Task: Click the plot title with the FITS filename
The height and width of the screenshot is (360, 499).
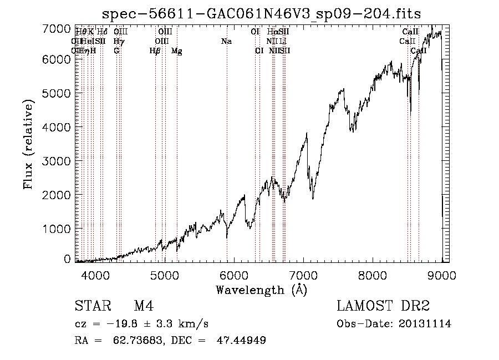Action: [262, 13]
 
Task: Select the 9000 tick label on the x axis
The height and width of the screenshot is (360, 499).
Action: [441, 275]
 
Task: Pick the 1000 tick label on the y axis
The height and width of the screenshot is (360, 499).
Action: [57, 229]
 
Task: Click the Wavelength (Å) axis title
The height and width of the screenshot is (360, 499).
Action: [261, 290]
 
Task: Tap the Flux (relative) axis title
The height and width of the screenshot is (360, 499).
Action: [29, 144]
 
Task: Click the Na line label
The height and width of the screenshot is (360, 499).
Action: [226, 42]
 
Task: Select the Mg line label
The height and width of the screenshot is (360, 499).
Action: [177, 51]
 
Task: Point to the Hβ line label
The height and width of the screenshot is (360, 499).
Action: [155, 51]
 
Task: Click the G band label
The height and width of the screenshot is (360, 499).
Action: [116, 51]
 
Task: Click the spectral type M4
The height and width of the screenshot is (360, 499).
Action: [144, 307]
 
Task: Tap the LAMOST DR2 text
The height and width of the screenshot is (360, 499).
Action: [383, 307]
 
